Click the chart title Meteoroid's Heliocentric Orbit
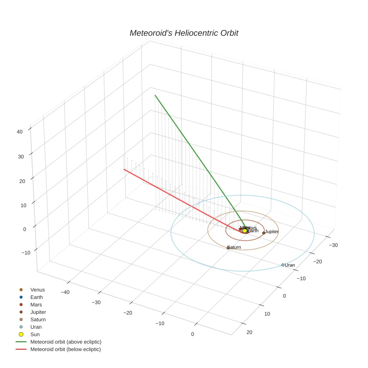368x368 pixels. click(184, 33)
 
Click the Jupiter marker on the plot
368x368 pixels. click(264, 233)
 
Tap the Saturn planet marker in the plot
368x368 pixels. click(228, 248)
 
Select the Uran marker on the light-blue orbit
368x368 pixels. click(283, 265)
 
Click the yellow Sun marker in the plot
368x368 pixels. click(245, 231)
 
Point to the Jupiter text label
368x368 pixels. click(272, 232)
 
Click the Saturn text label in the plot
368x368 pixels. click(234, 247)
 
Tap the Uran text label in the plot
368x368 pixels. click(290, 265)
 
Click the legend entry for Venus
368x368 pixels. click(37, 290)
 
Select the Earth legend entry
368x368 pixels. click(37, 297)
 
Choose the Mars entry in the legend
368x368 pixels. click(36, 305)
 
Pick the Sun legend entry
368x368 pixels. click(35, 334)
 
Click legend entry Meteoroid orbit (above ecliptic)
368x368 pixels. click(66, 342)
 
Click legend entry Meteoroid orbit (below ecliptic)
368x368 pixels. click(65, 349)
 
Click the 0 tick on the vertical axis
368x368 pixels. click(25, 229)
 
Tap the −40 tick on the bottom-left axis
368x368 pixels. click(64, 292)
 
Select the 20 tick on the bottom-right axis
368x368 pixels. click(260, 332)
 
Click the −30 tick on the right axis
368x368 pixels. click(333, 245)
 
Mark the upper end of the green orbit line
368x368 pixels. click(155, 95)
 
